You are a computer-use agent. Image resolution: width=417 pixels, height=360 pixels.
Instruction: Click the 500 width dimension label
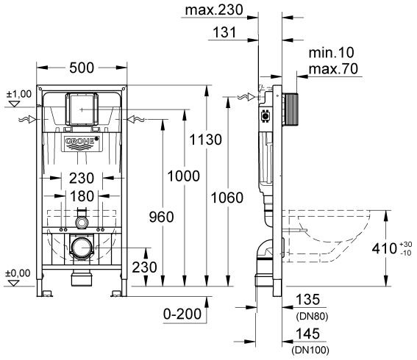point(82,68)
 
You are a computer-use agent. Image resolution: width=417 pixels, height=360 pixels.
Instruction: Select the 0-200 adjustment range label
point(182,314)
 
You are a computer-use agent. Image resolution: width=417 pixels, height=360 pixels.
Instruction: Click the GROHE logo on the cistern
point(78,141)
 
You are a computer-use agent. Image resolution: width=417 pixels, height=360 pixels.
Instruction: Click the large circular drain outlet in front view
point(82,248)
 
